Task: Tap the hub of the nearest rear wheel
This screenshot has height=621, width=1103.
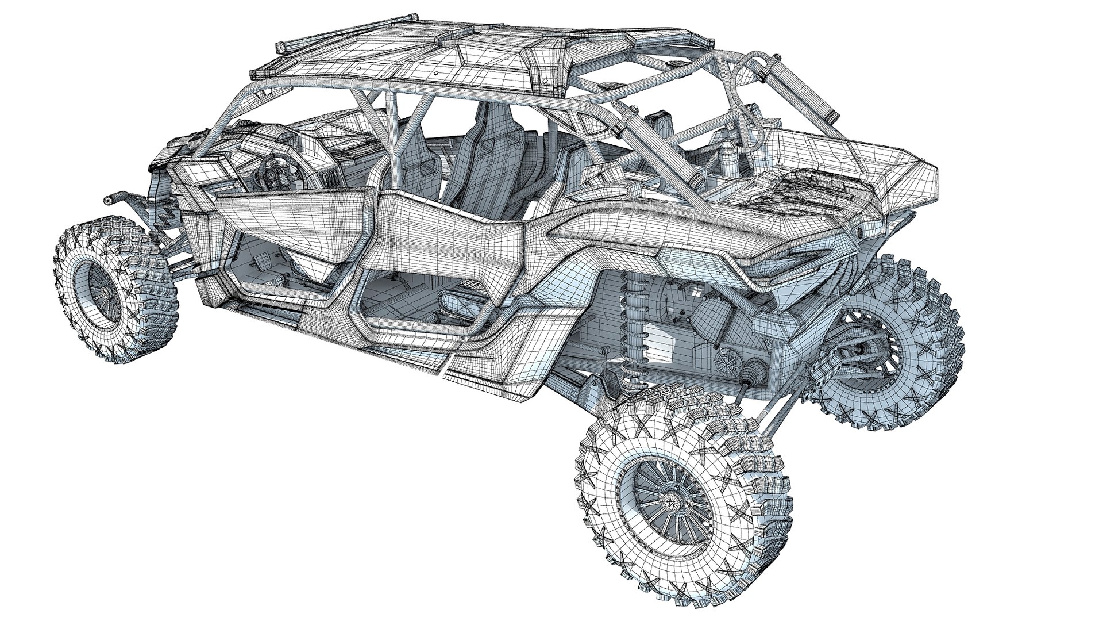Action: (669, 501)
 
